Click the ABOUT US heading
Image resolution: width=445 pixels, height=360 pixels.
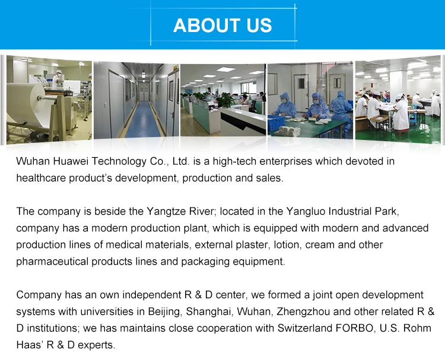(x=223, y=26)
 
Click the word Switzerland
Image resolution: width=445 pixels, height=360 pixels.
(x=305, y=328)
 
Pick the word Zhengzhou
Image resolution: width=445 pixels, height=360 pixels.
(x=303, y=311)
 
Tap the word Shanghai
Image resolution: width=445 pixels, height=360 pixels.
(x=209, y=311)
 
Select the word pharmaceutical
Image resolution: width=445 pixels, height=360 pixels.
(x=52, y=262)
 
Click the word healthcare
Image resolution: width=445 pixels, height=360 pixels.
(x=41, y=178)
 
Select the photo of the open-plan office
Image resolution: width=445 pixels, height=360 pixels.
(x=223, y=100)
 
